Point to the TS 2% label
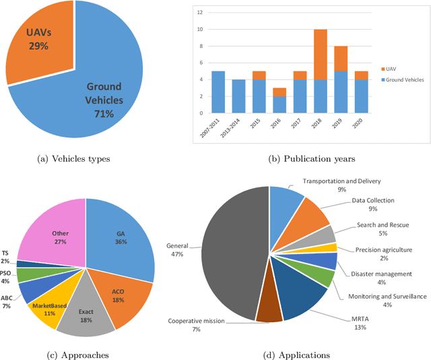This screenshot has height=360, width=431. (x=5, y=256)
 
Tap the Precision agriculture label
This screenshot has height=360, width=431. (x=383, y=249)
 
